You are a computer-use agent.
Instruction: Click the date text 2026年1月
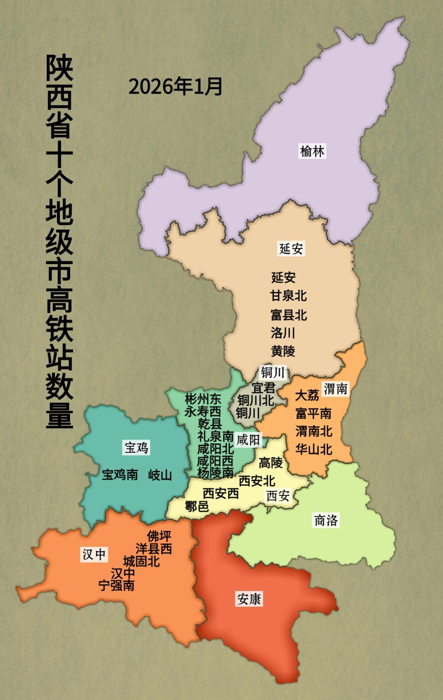click(176, 86)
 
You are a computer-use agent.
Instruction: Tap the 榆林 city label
click(312, 151)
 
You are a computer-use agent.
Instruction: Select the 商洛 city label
click(326, 520)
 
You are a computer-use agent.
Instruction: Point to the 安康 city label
click(249, 599)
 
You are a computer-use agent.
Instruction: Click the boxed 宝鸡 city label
click(137, 447)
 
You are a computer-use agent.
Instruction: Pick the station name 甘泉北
click(288, 296)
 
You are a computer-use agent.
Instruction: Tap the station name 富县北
click(288, 315)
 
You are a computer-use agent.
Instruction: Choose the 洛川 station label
click(283, 333)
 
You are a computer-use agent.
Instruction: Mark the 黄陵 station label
click(283, 351)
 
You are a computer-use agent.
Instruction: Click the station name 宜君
click(263, 388)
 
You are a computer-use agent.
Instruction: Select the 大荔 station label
click(307, 395)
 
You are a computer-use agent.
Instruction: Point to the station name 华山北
click(314, 449)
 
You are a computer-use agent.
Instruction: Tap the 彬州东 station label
click(203, 399)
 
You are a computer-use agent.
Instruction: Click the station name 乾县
click(210, 423)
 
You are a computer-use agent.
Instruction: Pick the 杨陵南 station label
click(215, 473)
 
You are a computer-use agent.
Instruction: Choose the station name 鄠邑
click(197, 506)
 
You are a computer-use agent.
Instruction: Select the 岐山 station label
click(160, 475)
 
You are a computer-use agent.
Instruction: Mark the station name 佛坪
click(159, 536)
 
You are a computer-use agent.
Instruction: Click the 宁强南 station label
click(117, 585)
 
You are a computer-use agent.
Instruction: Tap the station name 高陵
click(271, 463)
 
